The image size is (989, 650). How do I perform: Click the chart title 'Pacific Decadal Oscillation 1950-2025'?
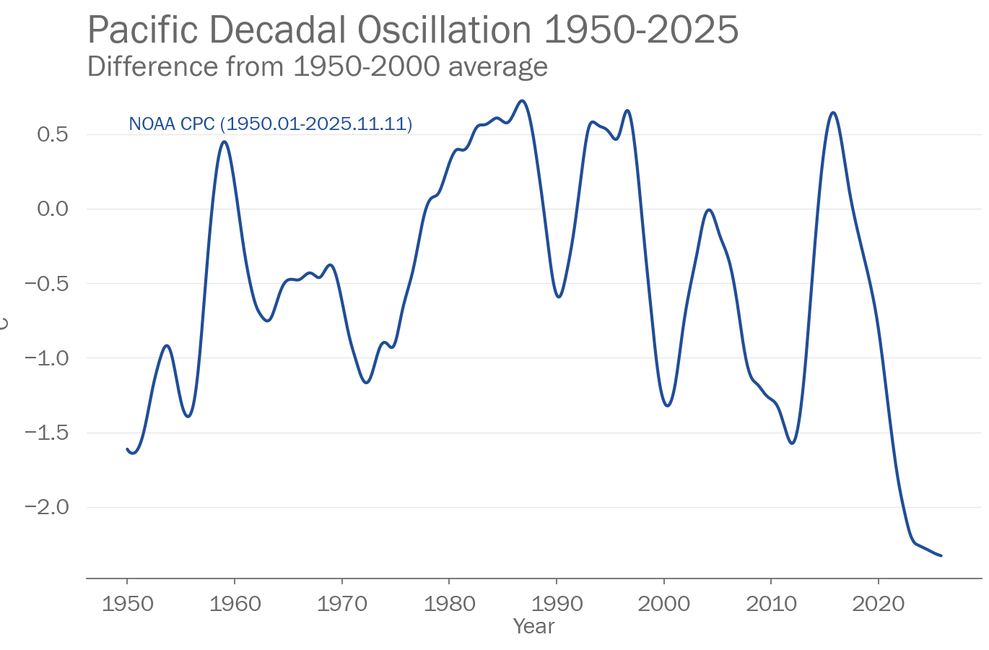pyautogui.click(x=413, y=30)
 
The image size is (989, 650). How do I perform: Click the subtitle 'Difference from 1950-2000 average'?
pyautogui.click(x=318, y=66)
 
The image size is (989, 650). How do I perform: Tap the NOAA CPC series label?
pyautogui.click(x=270, y=124)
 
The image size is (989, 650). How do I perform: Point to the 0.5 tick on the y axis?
pyautogui.click(x=52, y=134)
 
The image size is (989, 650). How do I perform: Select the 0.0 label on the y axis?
pyautogui.click(x=52, y=209)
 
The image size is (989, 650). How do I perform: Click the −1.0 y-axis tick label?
pyautogui.click(x=46, y=358)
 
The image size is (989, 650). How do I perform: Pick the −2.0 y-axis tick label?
pyautogui.click(x=46, y=507)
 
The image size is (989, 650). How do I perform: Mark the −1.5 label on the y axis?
pyautogui.click(x=46, y=433)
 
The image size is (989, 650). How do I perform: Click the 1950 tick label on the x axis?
pyautogui.click(x=127, y=604)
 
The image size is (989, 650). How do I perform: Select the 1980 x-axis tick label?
pyautogui.click(x=449, y=604)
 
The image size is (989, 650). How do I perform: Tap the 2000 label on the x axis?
pyautogui.click(x=663, y=604)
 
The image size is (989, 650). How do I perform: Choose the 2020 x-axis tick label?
pyautogui.click(x=878, y=604)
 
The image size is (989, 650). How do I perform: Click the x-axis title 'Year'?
pyautogui.click(x=533, y=626)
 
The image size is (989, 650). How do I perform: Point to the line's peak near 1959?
pyautogui.click(x=225, y=142)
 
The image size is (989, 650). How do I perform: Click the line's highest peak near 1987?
pyautogui.click(x=523, y=100)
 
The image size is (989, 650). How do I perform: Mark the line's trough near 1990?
pyautogui.click(x=559, y=297)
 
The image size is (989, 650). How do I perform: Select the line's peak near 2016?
pyautogui.click(x=833, y=113)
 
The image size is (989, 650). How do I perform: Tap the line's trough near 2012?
pyautogui.click(x=792, y=443)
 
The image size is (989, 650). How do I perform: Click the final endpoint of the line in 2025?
pyautogui.click(x=941, y=555)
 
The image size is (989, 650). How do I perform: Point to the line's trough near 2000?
pyautogui.click(x=667, y=406)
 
